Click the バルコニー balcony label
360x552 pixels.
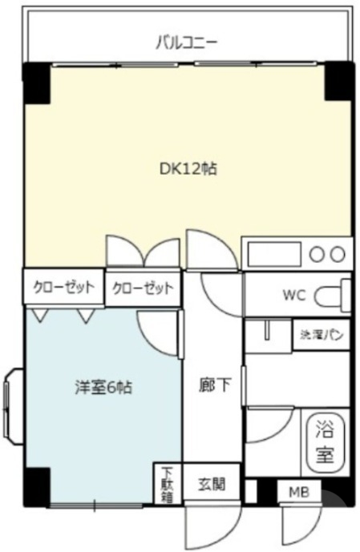pos(187,42)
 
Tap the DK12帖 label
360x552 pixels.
pos(187,169)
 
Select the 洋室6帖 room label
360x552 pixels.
pos(99,387)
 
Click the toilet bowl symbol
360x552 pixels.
pos(334,295)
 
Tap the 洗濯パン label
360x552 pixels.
pos(322,334)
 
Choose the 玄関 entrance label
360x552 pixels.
pos(212,485)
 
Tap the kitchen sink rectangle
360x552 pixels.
pos(273,254)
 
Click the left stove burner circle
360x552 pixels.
pos(318,255)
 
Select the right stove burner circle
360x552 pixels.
pos(338,255)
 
